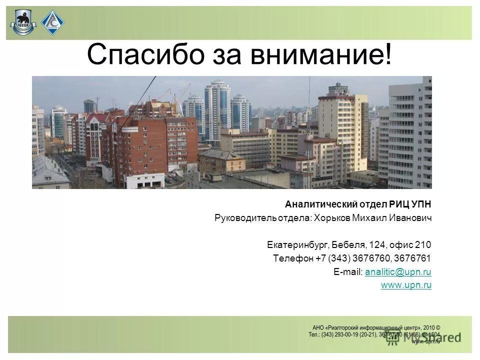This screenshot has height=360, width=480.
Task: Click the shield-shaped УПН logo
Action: point(22,23)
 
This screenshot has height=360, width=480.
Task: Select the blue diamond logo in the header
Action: point(52,22)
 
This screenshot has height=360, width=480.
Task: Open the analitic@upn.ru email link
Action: point(398,272)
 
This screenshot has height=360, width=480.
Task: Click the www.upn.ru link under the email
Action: point(406,285)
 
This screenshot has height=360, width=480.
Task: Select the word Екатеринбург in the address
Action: point(298,245)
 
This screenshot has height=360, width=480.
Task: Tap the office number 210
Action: point(423,245)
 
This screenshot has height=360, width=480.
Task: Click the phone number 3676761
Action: point(412,258)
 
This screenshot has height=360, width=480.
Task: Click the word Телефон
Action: point(293,258)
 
